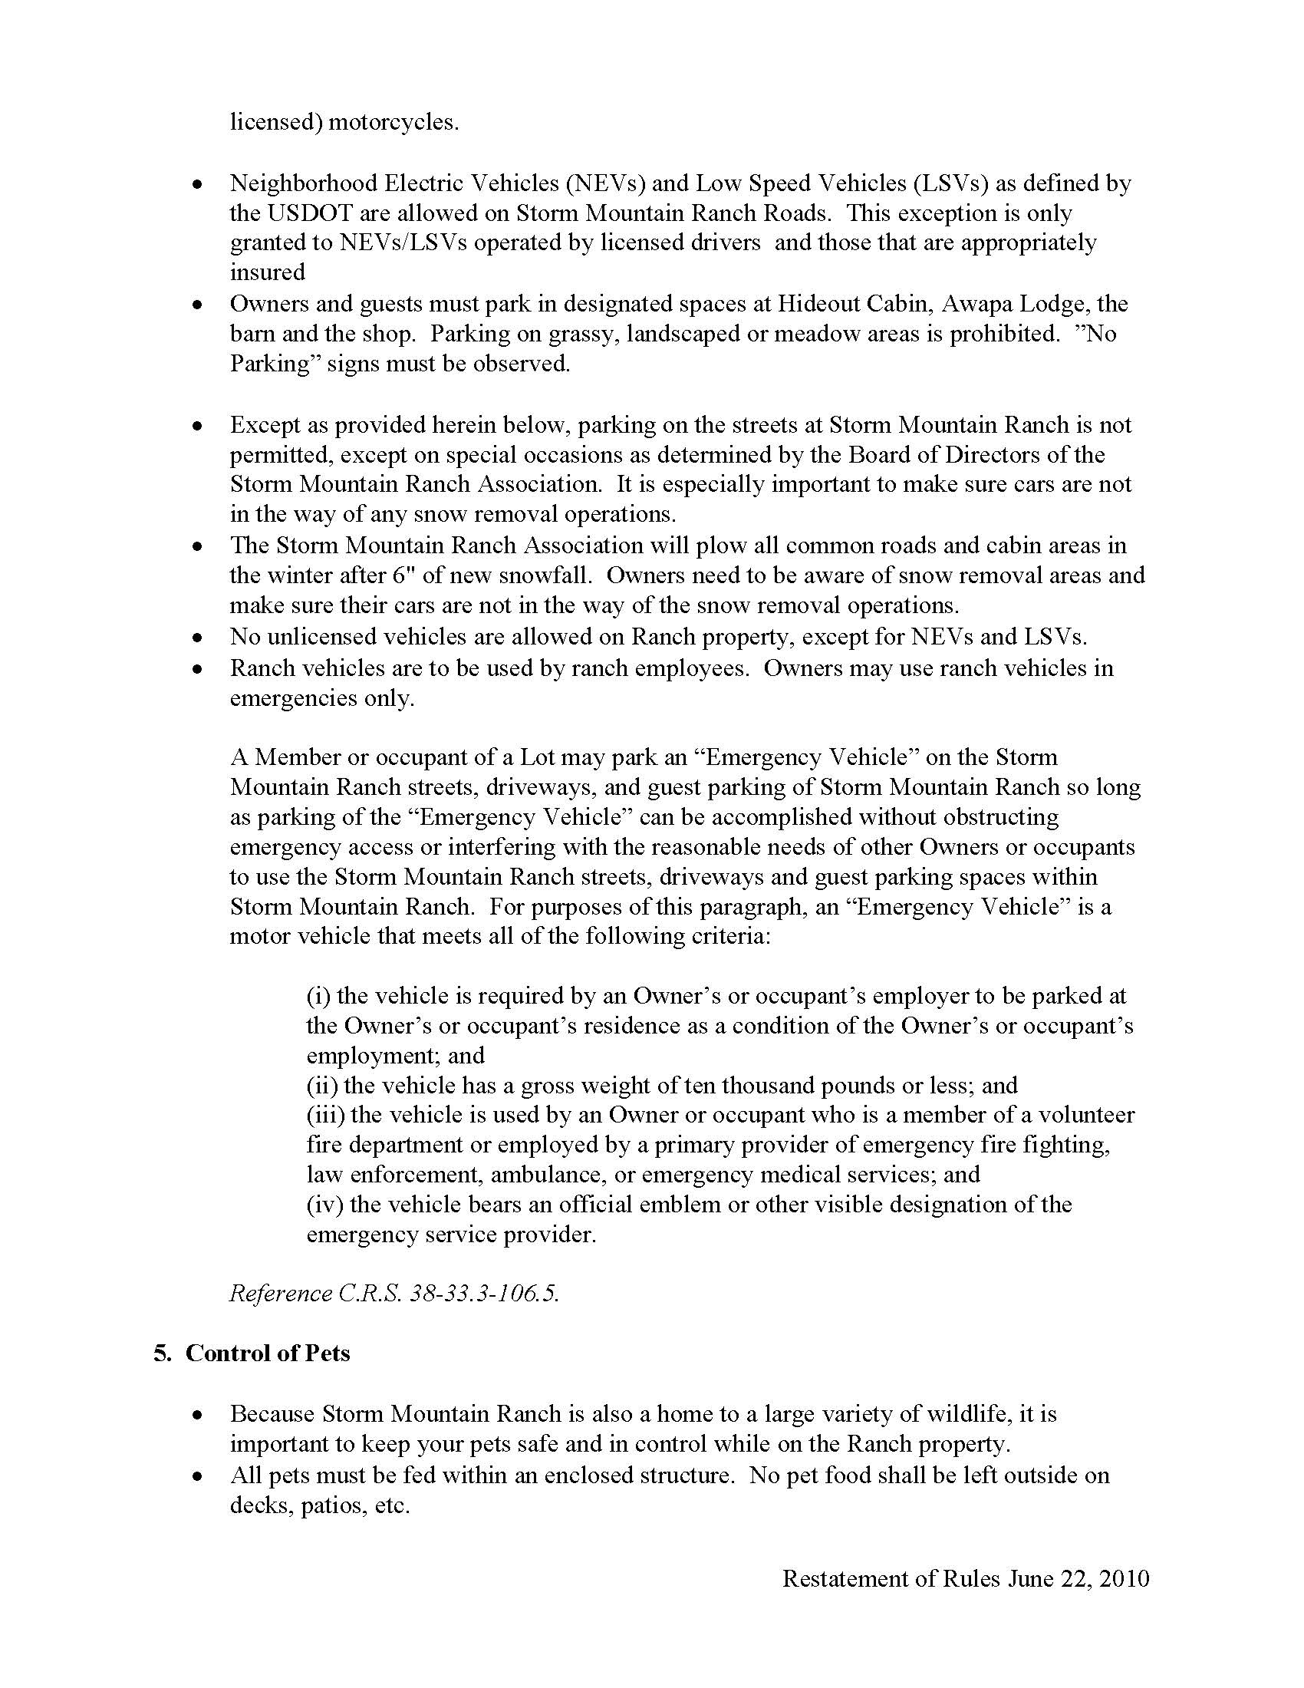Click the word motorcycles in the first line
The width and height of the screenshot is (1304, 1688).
[x=394, y=123]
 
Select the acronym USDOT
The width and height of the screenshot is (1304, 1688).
[x=290, y=213]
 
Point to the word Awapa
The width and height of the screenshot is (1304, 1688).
[x=976, y=304]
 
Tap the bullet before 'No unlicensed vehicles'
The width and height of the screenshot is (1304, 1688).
[x=199, y=638]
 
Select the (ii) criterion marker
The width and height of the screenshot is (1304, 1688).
[x=321, y=1086]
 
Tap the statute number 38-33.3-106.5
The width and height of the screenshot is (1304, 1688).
[x=482, y=1294]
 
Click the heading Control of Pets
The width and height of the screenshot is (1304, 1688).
[x=267, y=1354]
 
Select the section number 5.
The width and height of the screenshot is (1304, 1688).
[x=162, y=1354]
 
